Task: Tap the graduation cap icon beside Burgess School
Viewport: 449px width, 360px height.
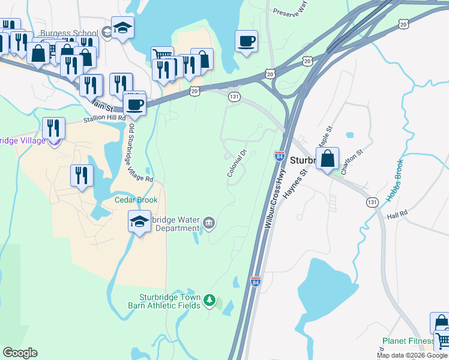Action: (122, 28)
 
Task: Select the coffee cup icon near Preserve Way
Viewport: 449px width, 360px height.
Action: (246, 41)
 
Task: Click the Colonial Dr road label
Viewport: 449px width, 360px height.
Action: (238, 163)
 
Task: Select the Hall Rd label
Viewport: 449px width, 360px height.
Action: (397, 214)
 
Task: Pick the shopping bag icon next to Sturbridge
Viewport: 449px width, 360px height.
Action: (327, 159)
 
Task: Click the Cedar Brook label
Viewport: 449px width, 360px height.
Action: (137, 200)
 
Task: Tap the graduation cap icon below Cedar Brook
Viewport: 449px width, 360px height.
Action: (140, 222)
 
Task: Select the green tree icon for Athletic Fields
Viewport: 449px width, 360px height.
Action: (209, 299)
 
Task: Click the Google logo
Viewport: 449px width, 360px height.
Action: (20, 353)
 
